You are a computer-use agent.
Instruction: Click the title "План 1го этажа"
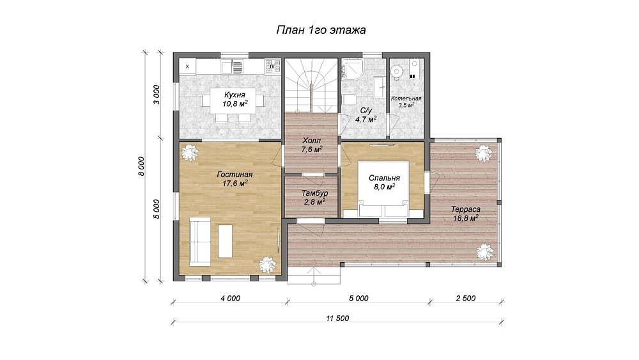[321, 30]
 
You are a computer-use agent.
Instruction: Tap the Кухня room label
[235, 95]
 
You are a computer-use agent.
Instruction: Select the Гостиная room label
[235, 175]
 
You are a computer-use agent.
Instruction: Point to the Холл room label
[312, 141]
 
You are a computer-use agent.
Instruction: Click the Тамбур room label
[314, 193]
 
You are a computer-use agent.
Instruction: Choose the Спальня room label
[384, 178]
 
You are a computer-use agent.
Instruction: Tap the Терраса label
[465, 210]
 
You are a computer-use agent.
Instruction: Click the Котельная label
[406, 98]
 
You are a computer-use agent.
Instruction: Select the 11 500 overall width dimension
[337, 318]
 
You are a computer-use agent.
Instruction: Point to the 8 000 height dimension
[141, 166]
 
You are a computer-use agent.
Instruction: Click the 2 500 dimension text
[466, 299]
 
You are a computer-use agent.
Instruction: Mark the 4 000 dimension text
[230, 299]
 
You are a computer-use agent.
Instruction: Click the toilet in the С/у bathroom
[350, 100]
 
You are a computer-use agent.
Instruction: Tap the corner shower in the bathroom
[351, 68]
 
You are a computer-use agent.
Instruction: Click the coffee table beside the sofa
[225, 241]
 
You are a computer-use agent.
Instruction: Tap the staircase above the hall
[311, 85]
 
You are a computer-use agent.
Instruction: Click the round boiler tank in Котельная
[396, 72]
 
